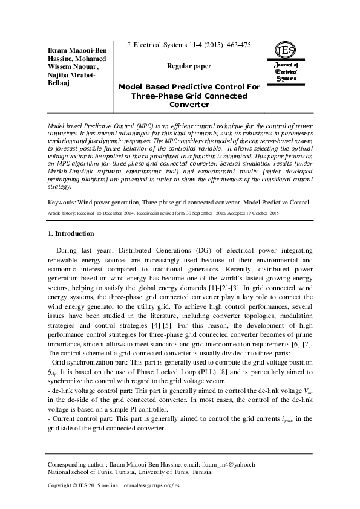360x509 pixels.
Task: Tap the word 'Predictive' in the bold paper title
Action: tap(194, 87)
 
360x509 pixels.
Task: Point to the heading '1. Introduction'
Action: tap(70, 233)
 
